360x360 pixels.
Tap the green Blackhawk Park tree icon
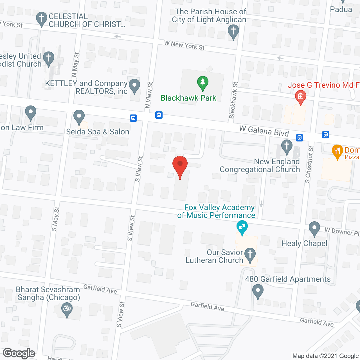[202, 83]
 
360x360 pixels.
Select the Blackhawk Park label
[188, 98]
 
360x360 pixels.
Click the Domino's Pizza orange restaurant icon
[337, 151]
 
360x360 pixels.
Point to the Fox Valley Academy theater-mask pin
[242, 227]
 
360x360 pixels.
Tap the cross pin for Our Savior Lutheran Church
[250, 255]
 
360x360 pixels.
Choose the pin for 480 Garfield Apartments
[258, 291]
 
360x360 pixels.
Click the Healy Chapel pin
[314, 228]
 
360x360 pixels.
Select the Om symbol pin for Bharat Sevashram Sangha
[67, 309]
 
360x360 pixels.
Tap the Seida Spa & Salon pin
[79, 116]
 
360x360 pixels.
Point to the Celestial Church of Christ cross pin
[42, 19]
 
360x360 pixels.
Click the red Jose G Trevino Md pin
[300, 97]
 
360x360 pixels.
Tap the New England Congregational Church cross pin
[287, 147]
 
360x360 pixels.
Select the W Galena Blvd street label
[264, 131]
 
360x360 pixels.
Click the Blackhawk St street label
[233, 100]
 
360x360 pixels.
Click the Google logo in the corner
[19, 353]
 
